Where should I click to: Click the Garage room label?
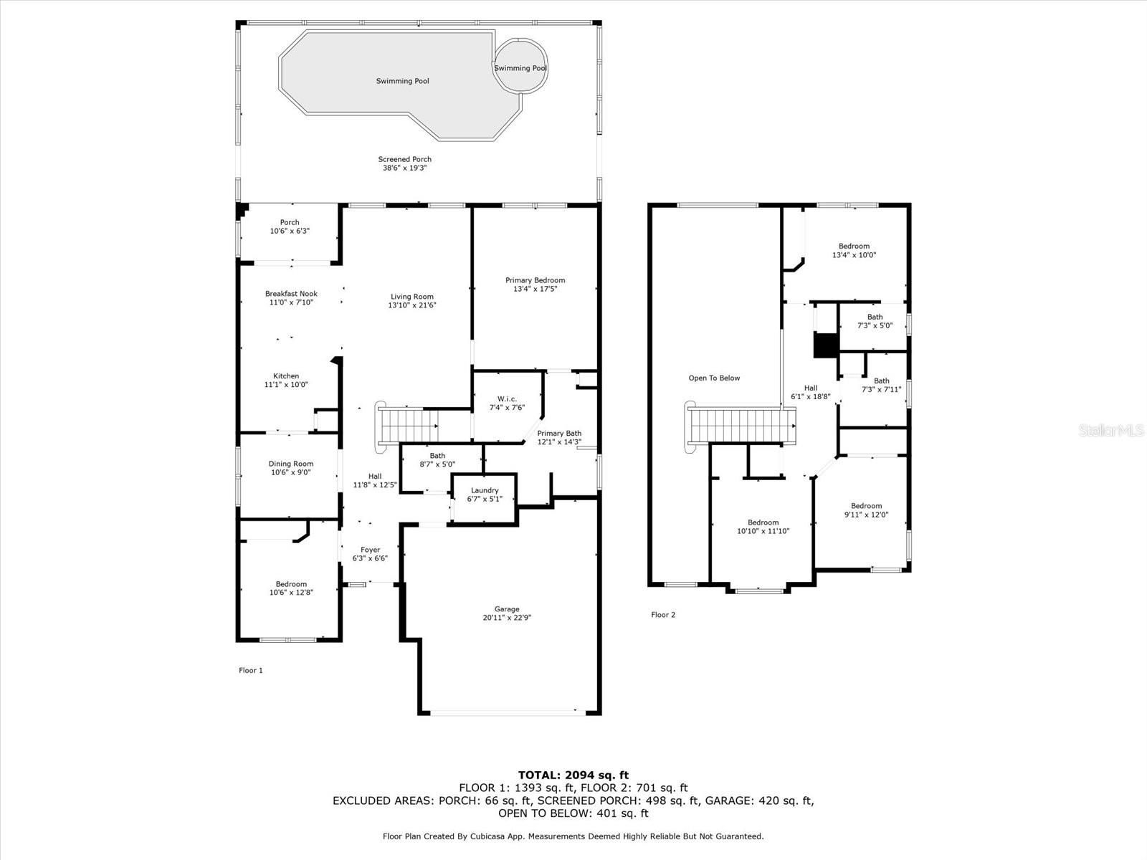(507, 609)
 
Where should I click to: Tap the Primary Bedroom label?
(535, 280)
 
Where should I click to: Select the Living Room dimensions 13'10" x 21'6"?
(411, 305)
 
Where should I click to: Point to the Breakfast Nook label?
(291, 294)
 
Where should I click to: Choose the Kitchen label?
(286, 376)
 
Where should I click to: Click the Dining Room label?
(291, 464)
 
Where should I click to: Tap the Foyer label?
(370, 550)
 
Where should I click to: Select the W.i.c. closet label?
(507, 399)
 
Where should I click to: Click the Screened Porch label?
(405, 159)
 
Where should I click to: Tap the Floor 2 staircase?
(740, 426)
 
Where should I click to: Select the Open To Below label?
(714, 378)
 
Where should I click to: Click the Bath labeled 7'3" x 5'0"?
(875, 321)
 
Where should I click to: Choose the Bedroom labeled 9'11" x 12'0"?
(867, 510)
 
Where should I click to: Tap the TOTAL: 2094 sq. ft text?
(573, 775)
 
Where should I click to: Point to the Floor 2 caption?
(663, 615)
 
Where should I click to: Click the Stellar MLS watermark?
(1111, 431)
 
